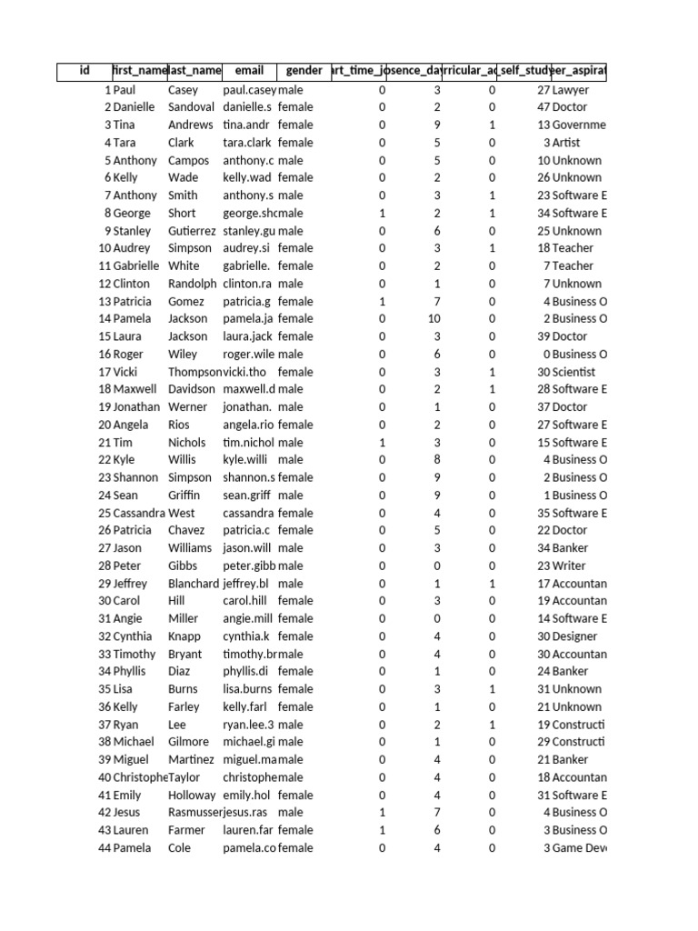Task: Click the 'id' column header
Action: tap(85, 71)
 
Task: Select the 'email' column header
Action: tap(249, 71)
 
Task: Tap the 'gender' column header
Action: tap(304, 71)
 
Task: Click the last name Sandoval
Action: tap(193, 107)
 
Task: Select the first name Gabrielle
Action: tap(135, 266)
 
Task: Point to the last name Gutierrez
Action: tap(193, 231)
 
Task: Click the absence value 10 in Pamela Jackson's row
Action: tap(434, 319)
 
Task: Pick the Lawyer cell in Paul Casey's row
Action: tap(571, 90)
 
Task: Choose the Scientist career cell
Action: tap(574, 372)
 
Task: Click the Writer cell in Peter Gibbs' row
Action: tap(570, 566)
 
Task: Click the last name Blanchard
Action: tap(194, 584)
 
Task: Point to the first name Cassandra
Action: tap(139, 513)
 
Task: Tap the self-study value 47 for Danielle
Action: tap(543, 107)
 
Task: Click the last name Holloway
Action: tap(192, 795)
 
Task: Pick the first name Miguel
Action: tap(132, 759)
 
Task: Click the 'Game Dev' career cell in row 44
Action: tap(578, 847)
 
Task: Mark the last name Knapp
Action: tap(184, 636)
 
